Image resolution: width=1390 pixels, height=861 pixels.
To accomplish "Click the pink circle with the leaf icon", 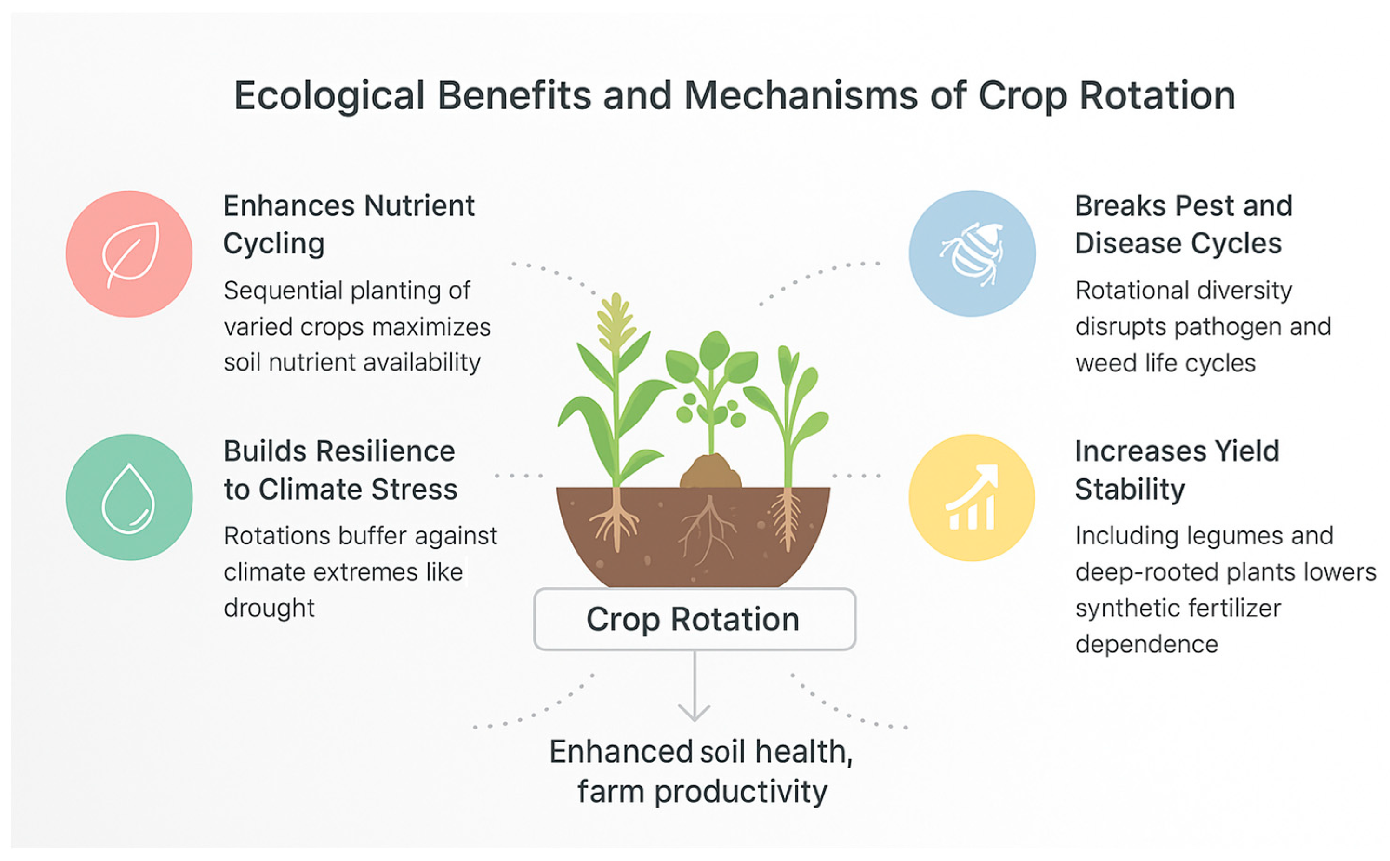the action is pyautogui.click(x=129, y=253).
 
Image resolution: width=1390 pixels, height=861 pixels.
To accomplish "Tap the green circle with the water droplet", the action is pyautogui.click(x=129, y=497).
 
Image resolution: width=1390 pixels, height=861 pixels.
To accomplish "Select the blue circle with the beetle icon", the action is pyautogui.click(x=972, y=253).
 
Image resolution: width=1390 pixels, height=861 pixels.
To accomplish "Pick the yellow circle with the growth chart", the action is pyautogui.click(x=972, y=497).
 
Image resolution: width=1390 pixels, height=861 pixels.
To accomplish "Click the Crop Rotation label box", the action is pyautogui.click(x=694, y=619).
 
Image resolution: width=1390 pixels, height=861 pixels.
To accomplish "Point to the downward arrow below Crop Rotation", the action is pyautogui.click(x=694, y=686).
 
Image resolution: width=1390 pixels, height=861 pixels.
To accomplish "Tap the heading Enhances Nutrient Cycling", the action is pyautogui.click(x=349, y=225).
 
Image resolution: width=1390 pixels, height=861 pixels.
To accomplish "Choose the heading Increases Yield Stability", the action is pyautogui.click(x=1177, y=470).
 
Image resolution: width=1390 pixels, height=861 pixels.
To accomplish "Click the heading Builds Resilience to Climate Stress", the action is pyautogui.click(x=340, y=470).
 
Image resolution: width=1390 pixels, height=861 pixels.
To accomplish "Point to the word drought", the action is pyautogui.click(x=269, y=608).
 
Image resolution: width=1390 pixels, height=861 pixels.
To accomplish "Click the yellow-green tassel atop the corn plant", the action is pyautogui.click(x=615, y=322).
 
